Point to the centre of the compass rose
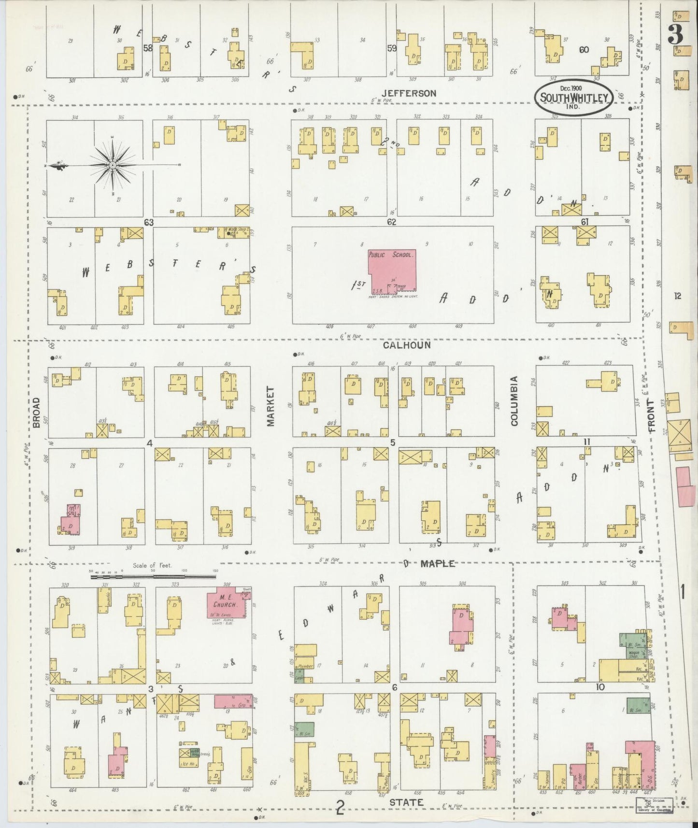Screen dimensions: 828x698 (112, 166)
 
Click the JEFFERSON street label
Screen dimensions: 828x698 (409, 93)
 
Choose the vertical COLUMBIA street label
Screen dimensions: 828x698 (514, 401)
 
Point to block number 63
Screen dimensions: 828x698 (148, 222)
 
